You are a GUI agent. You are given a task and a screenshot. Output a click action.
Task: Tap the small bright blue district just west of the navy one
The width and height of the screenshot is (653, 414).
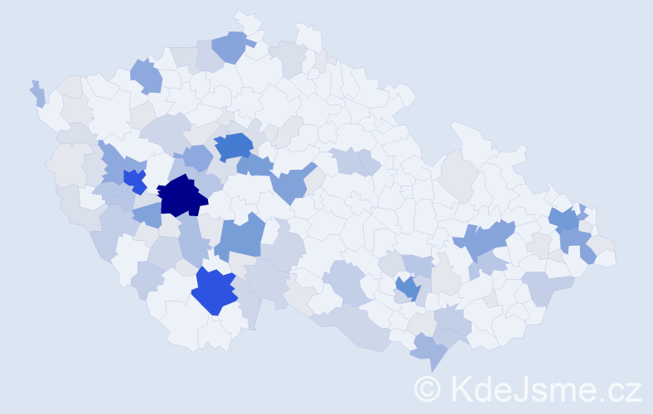tap(134, 179)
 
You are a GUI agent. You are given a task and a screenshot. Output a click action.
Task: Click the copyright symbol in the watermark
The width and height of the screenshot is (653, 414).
tap(428, 388)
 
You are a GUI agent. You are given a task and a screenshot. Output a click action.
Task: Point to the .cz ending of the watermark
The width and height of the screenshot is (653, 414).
tap(619, 388)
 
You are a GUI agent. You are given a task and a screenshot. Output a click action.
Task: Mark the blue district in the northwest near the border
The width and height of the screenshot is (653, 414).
tap(146, 76)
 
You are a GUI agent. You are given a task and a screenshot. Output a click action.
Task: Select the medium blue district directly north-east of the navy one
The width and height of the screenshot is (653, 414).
tap(233, 147)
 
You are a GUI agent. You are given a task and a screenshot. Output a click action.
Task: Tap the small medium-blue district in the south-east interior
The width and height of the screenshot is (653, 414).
tap(407, 287)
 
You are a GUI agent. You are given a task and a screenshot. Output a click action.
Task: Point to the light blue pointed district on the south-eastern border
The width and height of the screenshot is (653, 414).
tap(432, 349)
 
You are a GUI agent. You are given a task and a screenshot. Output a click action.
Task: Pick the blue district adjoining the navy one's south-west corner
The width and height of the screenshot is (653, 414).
tap(147, 214)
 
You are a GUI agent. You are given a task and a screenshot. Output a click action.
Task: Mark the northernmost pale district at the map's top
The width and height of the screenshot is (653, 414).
tap(245, 21)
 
